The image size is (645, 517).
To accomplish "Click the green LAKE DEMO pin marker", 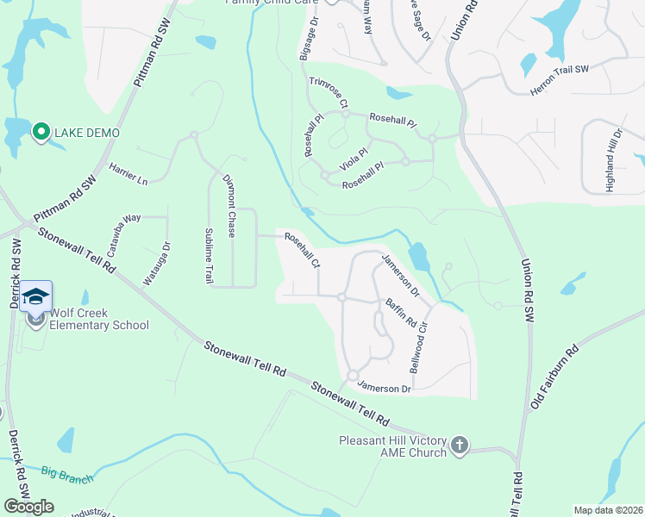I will tap(41, 133).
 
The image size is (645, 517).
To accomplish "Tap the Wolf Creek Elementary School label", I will tap(98, 319).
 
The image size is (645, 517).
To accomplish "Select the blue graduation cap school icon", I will tap(36, 296).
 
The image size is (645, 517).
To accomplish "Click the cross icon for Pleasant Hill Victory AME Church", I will tap(460, 445).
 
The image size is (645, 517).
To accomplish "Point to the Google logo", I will tap(28, 506).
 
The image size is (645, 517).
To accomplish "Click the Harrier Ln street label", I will tap(128, 174).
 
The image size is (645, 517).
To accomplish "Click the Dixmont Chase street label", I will tap(229, 207).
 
